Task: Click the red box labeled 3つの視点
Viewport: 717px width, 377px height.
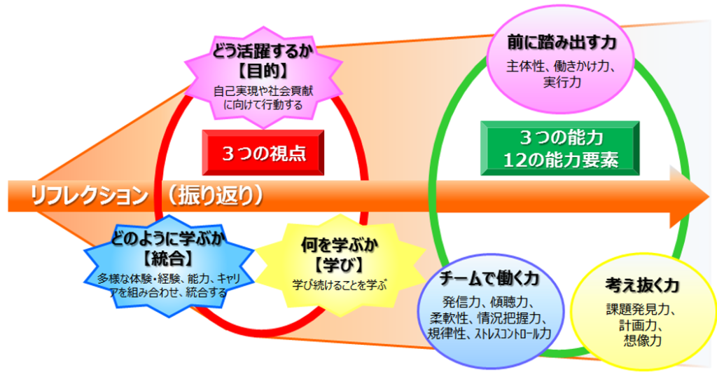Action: [263, 152]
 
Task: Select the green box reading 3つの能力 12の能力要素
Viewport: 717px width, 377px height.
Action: [560, 149]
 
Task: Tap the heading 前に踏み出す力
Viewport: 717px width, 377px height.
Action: [562, 43]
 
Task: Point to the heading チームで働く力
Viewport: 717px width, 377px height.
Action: [489, 278]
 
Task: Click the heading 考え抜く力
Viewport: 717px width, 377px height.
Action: [642, 285]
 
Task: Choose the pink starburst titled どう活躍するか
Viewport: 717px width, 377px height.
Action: [263, 78]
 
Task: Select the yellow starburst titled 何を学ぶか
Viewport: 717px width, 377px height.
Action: [340, 266]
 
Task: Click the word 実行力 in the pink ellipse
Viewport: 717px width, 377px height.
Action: [562, 83]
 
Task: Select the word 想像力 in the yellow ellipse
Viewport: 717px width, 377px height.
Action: [643, 341]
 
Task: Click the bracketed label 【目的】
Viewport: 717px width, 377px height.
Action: [263, 71]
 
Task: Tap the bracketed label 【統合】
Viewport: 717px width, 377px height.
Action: [169, 259]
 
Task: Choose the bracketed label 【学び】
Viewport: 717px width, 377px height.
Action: [340, 265]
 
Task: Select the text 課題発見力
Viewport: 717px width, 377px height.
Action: [641, 310]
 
